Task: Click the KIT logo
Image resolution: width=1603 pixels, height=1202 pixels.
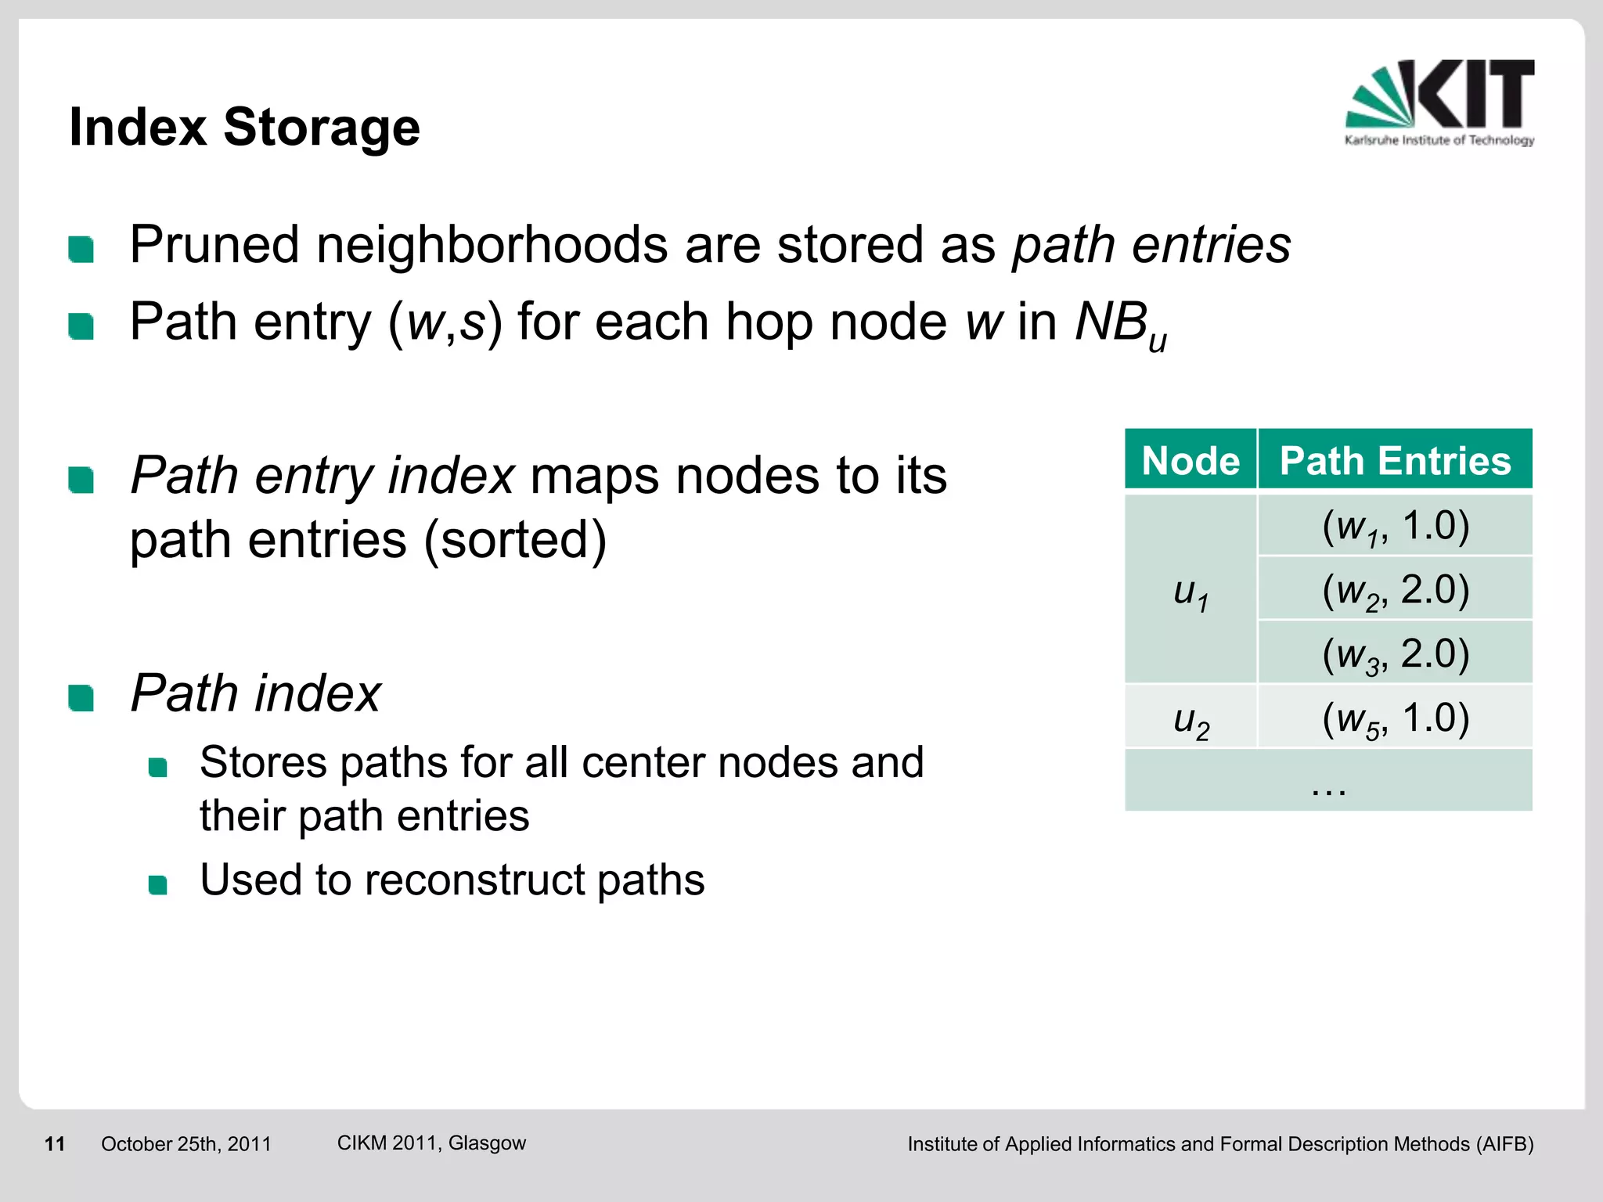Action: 1439,102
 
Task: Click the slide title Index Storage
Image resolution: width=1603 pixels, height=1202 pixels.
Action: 244,127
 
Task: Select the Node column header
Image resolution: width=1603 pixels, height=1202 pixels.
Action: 1190,460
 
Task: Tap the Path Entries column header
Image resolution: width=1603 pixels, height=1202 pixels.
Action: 1395,460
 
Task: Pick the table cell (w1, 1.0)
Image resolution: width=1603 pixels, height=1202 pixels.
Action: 1395,526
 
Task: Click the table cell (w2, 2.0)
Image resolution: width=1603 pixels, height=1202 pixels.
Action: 1395,590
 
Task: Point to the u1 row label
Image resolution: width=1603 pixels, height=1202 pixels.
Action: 1191,592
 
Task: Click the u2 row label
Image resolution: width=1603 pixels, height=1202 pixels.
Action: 1191,720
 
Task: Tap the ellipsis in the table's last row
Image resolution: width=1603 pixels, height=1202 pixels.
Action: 1328,787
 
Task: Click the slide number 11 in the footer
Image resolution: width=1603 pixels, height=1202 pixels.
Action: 55,1144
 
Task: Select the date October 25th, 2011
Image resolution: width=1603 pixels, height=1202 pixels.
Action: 186,1144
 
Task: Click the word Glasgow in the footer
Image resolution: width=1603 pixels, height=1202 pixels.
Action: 487,1143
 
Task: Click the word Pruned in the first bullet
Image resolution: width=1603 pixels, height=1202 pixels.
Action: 214,246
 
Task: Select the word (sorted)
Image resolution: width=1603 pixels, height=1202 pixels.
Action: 515,540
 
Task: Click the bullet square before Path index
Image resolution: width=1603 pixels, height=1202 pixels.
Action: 81,697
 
